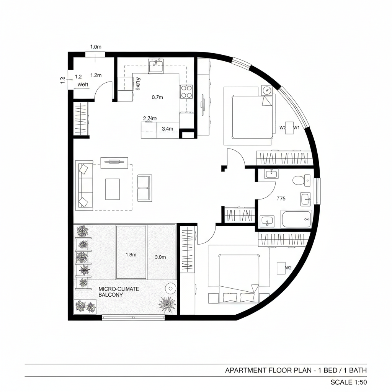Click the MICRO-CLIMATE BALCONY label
(118, 292)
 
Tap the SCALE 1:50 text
(348, 382)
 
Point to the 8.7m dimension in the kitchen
(157, 97)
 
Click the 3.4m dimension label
(168, 129)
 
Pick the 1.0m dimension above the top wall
(96, 47)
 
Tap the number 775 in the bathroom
(281, 198)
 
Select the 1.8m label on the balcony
(131, 254)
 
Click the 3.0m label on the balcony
(160, 257)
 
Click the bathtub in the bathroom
(296, 219)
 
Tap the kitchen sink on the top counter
(156, 66)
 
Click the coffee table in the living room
(112, 189)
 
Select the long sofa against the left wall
(85, 185)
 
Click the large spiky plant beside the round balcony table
(167, 304)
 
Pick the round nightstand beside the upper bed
(266, 90)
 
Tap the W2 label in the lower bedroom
(288, 268)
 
